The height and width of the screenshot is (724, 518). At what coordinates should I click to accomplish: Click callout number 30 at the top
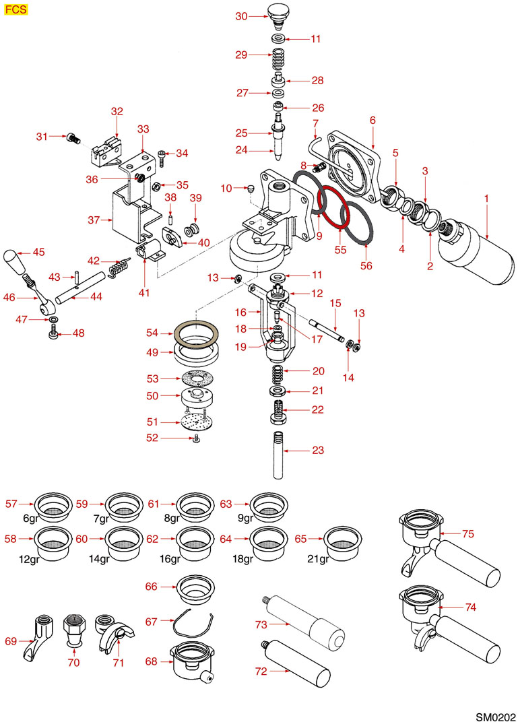(x=242, y=17)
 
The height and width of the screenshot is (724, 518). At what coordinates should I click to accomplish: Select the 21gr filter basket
(x=341, y=539)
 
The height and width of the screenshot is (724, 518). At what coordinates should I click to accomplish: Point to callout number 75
(x=469, y=533)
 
